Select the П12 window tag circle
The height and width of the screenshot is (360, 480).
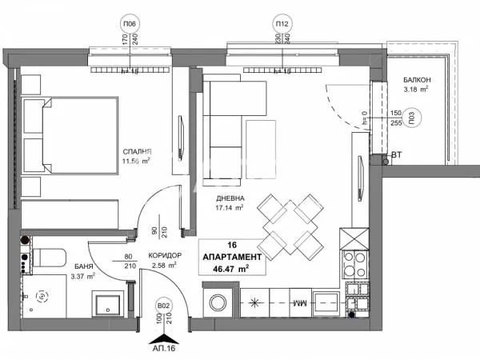(x=282, y=23)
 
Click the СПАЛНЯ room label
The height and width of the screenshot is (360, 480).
(x=138, y=151)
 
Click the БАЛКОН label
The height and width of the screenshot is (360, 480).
(x=418, y=81)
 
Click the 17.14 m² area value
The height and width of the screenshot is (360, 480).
(x=230, y=209)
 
